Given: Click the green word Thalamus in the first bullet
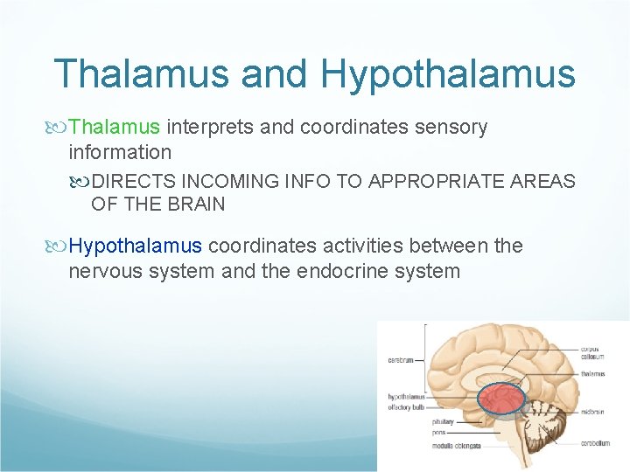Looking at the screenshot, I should coord(114,128).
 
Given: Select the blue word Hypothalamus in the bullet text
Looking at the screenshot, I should coord(136,246).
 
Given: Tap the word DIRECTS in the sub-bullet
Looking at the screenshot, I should coord(133,182).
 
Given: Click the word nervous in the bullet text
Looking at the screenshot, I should coord(106,271).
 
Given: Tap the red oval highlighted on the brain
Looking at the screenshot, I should coord(500,399).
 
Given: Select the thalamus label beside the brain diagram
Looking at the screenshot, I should coord(592,374).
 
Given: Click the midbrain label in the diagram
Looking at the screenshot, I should coord(593,410).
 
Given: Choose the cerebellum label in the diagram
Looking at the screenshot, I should coord(595,443).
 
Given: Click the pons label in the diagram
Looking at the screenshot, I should coord(438,432).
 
